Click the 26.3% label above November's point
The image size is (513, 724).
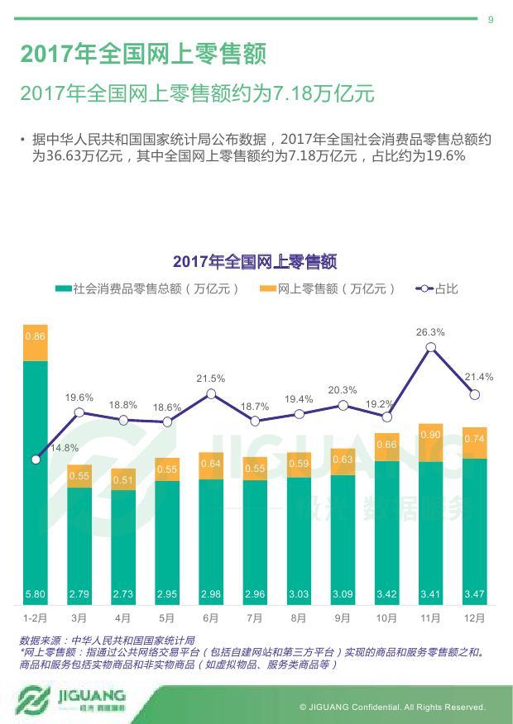[430, 332]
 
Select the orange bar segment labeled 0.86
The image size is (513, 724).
[36, 343]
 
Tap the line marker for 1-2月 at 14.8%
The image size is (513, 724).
[36, 460]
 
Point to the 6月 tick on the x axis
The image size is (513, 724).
[210, 617]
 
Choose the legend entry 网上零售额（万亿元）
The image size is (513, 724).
[328, 288]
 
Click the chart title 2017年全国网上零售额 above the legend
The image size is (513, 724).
[255, 262]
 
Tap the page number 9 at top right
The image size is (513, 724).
[491, 20]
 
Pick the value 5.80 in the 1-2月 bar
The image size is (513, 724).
[36, 594]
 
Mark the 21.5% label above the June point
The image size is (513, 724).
[210, 378]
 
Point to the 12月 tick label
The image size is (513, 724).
[474, 617]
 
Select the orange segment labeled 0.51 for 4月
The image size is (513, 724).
[123, 479]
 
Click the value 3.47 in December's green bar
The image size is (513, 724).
[474, 594]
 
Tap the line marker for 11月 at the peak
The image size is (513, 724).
[430, 348]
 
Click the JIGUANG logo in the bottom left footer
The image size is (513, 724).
[71, 699]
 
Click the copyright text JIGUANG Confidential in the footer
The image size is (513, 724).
[392, 707]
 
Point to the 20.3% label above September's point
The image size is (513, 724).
[343, 389]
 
